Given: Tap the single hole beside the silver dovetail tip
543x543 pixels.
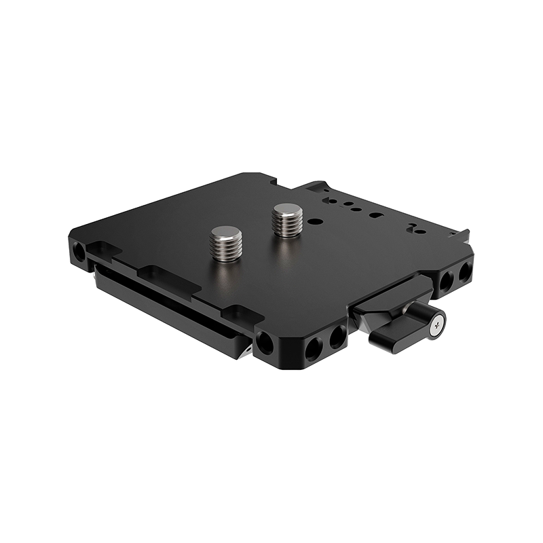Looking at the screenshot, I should click(x=265, y=343).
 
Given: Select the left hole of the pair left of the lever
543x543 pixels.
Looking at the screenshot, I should click(x=314, y=350).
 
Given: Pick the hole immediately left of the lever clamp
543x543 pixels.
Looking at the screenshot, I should click(x=337, y=337).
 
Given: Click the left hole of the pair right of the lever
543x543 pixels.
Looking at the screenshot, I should click(x=446, y=280).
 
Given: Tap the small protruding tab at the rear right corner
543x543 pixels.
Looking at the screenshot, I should click(x=463, y=234).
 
